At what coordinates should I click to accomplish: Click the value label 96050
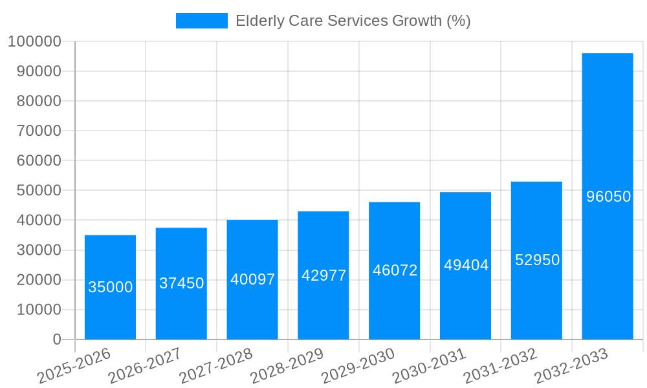(x=608, y=197)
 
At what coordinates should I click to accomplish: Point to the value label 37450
(x=181, y=283)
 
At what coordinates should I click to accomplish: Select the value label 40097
(x=252, y=279)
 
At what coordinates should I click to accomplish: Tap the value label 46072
(x=395, y=270)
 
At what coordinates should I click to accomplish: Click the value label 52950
(x=537, y=260)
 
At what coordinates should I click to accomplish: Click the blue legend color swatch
(x=201, y=21)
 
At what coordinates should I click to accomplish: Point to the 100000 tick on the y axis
(x=34, y=42)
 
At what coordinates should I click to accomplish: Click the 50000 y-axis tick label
(x=38, y=191)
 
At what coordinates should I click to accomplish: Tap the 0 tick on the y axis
(x=57, y=339)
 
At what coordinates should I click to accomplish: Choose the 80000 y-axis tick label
(x=38, y=102)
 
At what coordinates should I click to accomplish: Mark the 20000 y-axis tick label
(x=38, y=280)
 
